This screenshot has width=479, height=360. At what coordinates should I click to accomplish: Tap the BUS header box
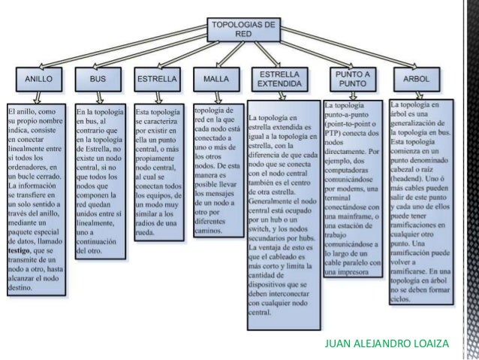pyautogui.click(x=98, y=77)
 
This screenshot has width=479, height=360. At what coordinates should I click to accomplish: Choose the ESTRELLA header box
pyautogui.click(x=155, y=77)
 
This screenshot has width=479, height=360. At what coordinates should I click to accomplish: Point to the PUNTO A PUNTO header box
pyautogui.click(x=352, y=79)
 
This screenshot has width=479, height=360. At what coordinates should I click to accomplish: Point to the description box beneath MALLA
pyautogui.click(x=217, y=172)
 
